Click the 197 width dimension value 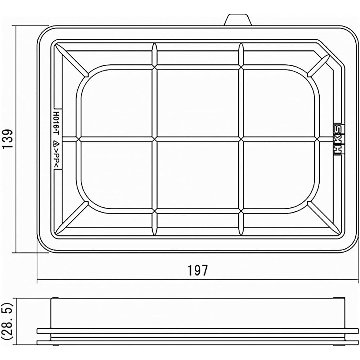[198, 270]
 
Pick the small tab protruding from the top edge [238, 20]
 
